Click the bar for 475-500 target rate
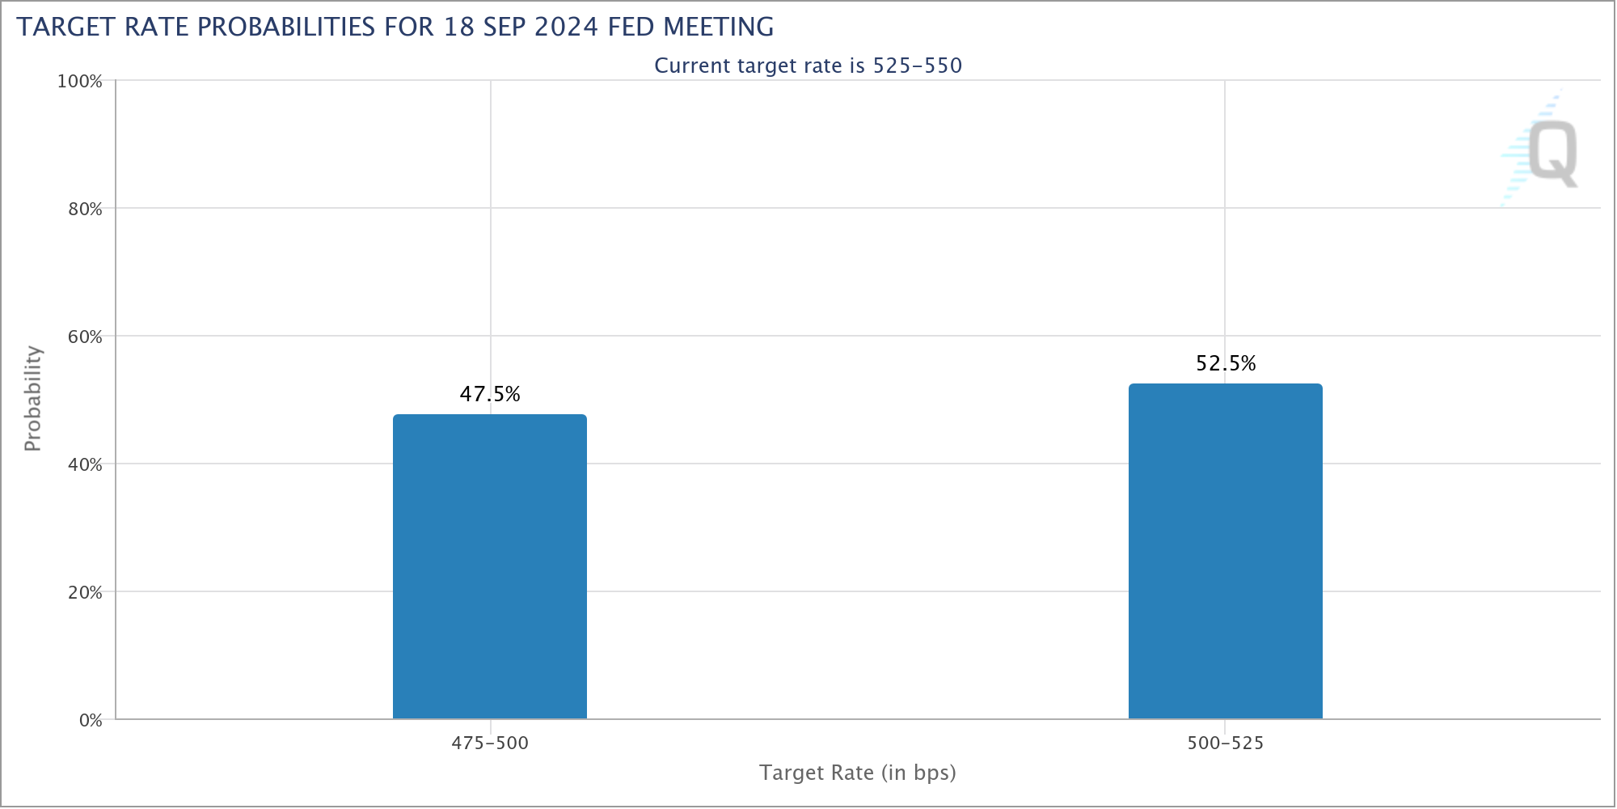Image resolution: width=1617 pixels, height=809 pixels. pos(490,566)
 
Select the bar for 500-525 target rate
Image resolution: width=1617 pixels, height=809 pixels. pos(1226,551)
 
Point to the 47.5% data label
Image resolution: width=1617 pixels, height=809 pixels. pos(490,394)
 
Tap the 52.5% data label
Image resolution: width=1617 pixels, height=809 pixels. pos(1226,363)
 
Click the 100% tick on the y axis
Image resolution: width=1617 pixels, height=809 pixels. pos(79,82)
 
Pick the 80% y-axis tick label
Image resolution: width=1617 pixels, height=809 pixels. pos(85,210)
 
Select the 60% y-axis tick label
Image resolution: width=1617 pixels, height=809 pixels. pos(85,337)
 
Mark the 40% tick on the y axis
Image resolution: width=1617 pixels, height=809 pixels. pos(85,465)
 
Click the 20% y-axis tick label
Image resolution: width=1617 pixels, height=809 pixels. pos(85,593)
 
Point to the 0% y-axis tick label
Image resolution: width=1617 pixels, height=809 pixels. pos(91,721)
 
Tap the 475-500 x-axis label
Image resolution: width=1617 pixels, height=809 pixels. pos(490,743)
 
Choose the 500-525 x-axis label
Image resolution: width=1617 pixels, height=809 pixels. pos(1226,743)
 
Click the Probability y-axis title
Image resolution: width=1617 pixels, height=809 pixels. pos(32,398)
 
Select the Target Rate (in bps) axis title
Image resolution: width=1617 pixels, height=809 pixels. pos(858,773)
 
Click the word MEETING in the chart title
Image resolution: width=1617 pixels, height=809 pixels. pos(718,27)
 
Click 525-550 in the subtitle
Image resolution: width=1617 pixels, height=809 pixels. pos(918,66)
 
